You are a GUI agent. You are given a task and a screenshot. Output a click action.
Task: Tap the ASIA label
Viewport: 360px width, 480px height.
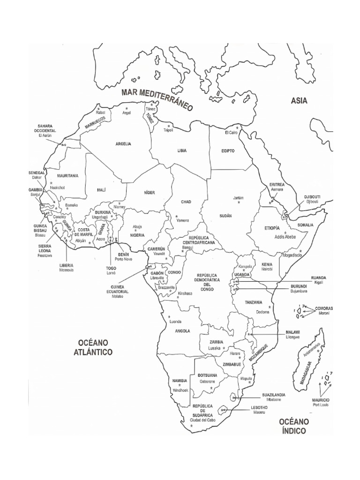point(299,100)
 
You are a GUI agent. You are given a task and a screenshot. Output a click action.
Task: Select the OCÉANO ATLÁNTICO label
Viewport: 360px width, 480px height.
point(93,347)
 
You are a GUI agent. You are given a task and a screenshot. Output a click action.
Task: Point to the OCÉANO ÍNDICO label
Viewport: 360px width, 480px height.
point(293,426)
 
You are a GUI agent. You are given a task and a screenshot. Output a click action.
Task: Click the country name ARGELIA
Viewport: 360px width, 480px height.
point(123,144)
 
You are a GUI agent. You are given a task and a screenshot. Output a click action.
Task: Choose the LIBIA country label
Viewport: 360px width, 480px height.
point(182,150)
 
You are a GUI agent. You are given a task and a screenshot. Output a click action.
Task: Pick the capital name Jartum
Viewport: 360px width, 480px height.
point(238,198)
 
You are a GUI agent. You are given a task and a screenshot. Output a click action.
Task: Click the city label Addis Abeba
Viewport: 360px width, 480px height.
point(285,237)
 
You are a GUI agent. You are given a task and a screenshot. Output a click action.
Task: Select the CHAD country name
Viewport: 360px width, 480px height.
point(186,202)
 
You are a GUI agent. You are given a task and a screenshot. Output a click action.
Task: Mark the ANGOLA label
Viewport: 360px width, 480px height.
point(182,331)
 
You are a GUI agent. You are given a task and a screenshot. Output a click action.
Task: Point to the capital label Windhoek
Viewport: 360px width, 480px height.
point(180,390)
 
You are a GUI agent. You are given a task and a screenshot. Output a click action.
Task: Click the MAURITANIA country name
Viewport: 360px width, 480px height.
point(67,176)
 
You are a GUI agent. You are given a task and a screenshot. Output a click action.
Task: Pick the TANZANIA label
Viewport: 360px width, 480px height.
point(253,302)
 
